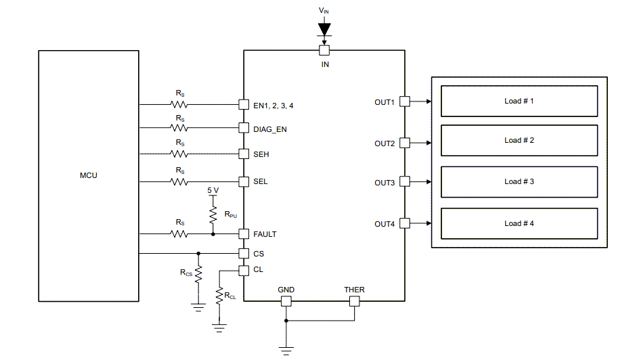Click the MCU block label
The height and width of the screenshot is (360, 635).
coord(88,175)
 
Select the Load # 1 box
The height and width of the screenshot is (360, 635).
coord(519,101)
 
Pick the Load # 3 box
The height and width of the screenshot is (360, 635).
coord(519,181)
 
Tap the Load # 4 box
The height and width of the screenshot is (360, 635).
coord(519,223)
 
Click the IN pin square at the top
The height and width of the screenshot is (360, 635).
coord(324,50)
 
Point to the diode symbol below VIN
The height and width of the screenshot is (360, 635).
coord(324,29)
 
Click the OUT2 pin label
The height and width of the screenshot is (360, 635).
coord(385,143)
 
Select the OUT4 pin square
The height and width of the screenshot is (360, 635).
coord(405,223)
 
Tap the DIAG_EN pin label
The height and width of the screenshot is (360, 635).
coord(270,129)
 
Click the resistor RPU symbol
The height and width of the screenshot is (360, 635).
coord(213,215)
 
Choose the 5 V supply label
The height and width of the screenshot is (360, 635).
coord(213,191)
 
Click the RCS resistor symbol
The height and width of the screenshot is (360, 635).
coord(198,273)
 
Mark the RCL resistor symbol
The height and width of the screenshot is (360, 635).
coord(219,296)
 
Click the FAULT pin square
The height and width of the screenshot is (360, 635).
coord(244,234)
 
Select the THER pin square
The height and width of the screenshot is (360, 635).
coord(353,300)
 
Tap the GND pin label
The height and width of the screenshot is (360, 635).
coord(286,290)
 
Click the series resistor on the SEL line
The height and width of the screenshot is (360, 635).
coord(179,181)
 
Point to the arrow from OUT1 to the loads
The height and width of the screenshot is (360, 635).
coord(420,102)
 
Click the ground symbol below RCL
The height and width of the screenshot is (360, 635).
coord(219,328)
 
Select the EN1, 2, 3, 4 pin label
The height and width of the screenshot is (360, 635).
coord(273,106)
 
